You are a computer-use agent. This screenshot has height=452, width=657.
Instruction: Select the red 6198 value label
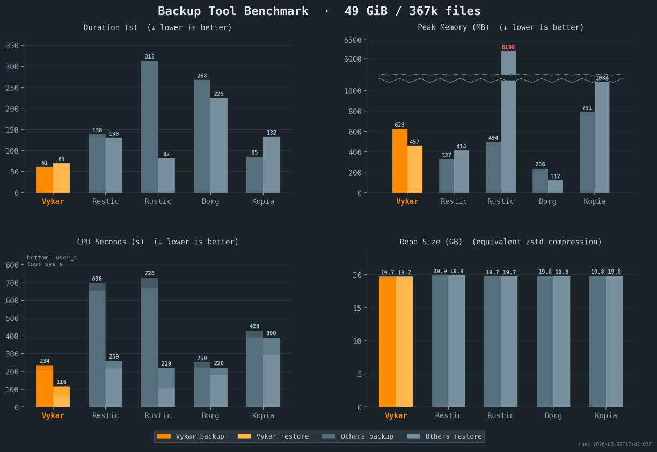(508, 47)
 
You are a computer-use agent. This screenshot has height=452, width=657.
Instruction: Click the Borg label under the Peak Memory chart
(547, 201)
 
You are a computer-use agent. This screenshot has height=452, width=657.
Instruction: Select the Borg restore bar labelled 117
(555, 186)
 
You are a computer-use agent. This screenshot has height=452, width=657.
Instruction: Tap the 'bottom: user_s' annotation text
(52, 258)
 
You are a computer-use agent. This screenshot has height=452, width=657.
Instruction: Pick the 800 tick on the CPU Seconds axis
(12, 265)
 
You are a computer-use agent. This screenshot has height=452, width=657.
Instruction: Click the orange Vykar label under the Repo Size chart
(396, 415)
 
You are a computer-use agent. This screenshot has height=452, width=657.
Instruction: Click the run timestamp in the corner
(615, 444)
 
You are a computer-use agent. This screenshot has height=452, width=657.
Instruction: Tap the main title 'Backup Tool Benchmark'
(233, 11)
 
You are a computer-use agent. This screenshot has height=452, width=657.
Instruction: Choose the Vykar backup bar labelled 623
(400, 161)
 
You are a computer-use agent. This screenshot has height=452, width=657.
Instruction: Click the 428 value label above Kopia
(254, 326)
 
